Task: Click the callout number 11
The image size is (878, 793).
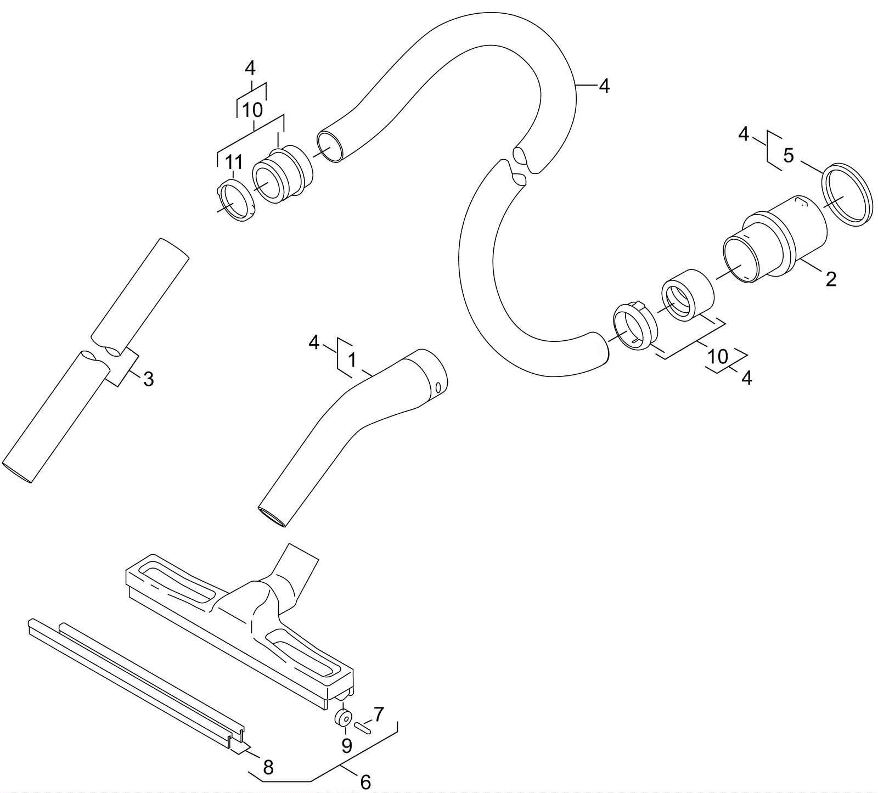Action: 234,163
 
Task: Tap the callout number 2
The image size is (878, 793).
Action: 831,279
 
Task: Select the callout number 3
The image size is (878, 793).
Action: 148,379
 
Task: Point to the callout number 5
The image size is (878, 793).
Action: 789,156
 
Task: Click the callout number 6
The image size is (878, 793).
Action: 365,782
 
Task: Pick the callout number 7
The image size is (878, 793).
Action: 379,714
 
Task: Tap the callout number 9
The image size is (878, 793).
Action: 346,745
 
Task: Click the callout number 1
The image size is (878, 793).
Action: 352,361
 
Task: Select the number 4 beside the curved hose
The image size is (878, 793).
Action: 604,86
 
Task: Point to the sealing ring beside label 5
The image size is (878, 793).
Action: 846,195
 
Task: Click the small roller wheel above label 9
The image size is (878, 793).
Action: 345,718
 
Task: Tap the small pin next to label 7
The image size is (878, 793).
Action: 364,728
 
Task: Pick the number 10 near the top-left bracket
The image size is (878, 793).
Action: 252,110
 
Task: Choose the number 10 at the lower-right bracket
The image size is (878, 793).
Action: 718,357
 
